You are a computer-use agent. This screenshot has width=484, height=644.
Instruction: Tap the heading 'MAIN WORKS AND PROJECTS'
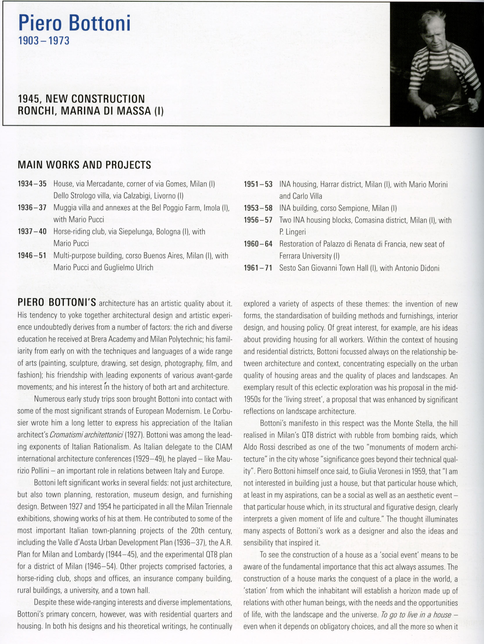point(84,165)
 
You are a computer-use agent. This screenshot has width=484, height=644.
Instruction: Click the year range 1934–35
point(32,184)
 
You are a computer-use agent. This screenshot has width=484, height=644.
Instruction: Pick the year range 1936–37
point(32,208)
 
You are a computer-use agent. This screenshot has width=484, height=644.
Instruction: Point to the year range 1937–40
point(32,232)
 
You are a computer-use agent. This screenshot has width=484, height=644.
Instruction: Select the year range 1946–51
point(32,256)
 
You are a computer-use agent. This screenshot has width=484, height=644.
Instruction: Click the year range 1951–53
point(258,184)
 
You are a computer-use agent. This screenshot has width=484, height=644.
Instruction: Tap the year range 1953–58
point(258,208)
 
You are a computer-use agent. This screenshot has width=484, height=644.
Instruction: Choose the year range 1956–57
point(258,220)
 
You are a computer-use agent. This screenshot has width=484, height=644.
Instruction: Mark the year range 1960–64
point(258,244)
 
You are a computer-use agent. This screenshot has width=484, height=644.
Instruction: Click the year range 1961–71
point(258,268)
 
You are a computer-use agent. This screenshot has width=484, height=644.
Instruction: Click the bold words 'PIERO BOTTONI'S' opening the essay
point(57,303)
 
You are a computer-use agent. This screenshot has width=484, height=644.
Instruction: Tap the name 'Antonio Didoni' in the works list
point(417,268)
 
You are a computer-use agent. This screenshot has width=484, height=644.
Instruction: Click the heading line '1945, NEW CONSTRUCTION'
point(81,99)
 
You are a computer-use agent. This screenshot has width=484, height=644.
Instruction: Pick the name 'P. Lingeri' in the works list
point(292,232)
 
